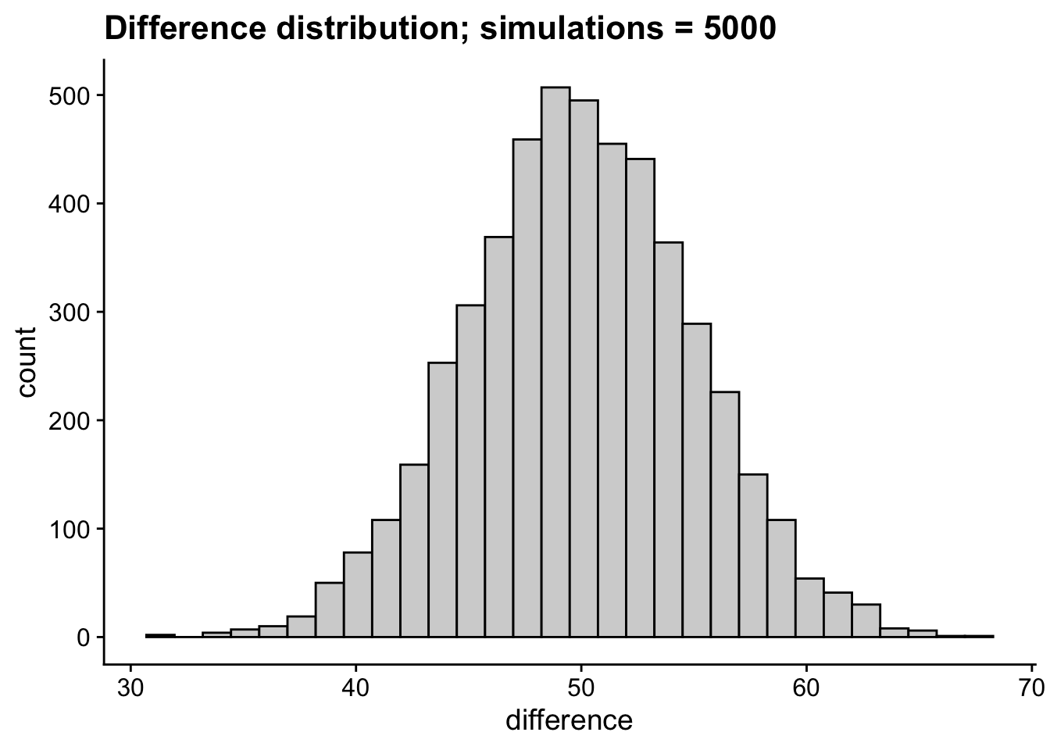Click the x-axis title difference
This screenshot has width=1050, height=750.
point(569,720)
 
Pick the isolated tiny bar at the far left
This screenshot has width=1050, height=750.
point(160,636)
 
